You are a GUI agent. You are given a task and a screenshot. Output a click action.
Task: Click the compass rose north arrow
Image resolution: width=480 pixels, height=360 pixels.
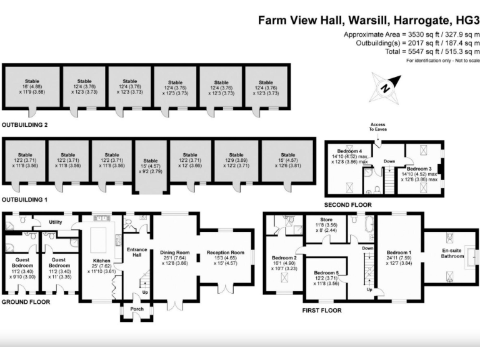coord(386,87)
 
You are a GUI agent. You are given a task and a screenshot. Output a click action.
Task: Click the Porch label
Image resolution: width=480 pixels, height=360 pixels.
coord(136,309)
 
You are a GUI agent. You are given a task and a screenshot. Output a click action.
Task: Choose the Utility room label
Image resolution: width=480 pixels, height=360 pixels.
coord(56,222)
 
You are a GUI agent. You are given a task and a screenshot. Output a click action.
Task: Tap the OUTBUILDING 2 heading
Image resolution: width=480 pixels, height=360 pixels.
coord(25,125)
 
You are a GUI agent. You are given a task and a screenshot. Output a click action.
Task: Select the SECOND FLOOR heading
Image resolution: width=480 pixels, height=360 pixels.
coord(347,204)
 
